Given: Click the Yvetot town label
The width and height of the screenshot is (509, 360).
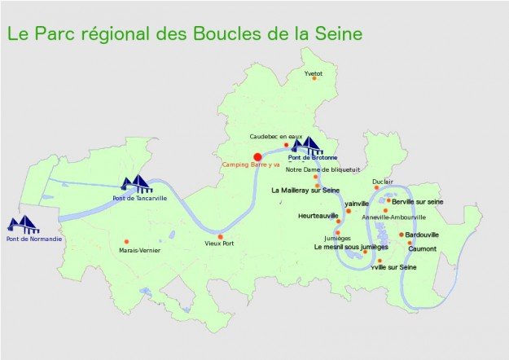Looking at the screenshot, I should point(314,73).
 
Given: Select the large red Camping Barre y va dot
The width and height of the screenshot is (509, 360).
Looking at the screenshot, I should point(257,156).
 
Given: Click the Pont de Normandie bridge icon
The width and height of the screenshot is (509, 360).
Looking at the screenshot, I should point(23,224).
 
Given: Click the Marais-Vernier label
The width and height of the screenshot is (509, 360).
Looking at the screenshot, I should point(139,251).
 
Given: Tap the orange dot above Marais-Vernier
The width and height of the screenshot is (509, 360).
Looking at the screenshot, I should point(126,241).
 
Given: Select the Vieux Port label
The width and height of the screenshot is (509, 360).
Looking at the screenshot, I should point(219,244).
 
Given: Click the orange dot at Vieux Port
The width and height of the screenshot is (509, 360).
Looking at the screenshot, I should point(220,236).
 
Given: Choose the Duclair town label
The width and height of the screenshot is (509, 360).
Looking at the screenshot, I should point(383,182).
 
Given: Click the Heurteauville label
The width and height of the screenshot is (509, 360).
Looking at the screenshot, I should point(318,216).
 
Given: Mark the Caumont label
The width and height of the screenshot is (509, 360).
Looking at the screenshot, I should point(423,248).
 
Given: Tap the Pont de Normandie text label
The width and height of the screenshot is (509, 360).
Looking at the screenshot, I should point(30,239).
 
